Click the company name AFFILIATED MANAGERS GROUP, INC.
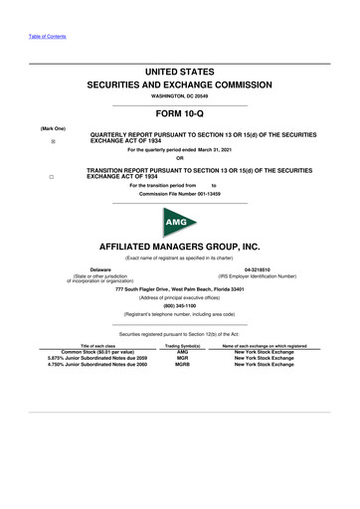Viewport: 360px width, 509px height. pyautogui.click(x=180, y=244)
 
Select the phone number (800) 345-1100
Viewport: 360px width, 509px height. pyautogui.click(x=180, y=305)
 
